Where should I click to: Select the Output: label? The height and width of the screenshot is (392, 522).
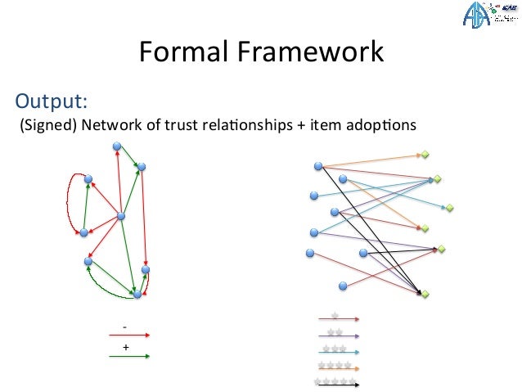coord(52,101)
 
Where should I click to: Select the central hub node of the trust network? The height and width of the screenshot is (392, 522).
coord(121,216)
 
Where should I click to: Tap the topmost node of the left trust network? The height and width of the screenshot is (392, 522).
coord(117,146)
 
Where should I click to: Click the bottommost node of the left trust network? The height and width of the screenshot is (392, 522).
coord(137,295)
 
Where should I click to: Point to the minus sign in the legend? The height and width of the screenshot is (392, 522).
coord(124,327)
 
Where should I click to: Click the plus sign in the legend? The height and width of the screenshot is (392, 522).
coord(125,347)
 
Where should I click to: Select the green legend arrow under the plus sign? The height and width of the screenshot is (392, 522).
coord(128,357)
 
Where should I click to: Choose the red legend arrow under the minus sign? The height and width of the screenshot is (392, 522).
coord(128,335)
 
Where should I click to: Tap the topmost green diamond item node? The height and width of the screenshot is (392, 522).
coord(425,154)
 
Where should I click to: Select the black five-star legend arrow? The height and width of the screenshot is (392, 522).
coord(337,383)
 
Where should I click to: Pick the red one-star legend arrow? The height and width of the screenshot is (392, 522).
coord(337,318)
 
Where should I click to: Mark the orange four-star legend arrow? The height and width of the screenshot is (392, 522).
coord(337,367)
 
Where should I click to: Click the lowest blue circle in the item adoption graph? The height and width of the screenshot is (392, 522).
coord(343,285)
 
